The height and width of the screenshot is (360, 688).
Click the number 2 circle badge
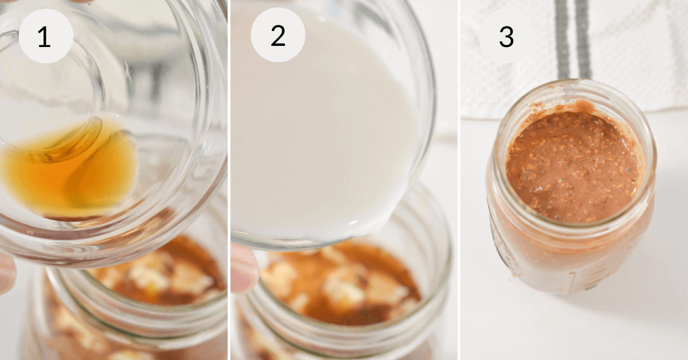(x=277, y=36)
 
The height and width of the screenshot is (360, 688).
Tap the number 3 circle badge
(x=506, y=36)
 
